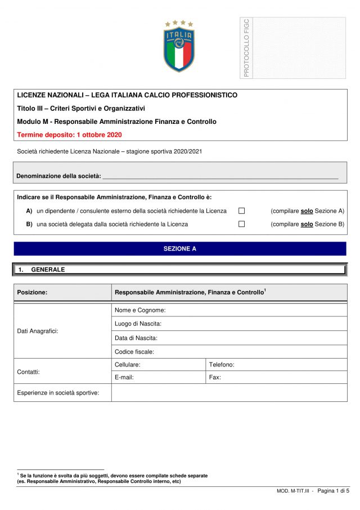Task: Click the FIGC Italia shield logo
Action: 179,46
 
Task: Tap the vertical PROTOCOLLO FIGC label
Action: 246,47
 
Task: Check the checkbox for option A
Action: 242,211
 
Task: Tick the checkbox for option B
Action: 242,224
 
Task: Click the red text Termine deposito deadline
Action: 69,135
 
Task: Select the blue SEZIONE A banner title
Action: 180,248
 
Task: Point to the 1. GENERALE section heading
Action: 48,270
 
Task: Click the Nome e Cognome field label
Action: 139,310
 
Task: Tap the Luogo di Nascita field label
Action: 138,324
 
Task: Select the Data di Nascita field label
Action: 136,338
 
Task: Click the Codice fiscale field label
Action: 134,352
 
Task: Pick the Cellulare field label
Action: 128,365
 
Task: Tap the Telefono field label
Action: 222,365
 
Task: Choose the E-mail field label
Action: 124,377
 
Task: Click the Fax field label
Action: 215,377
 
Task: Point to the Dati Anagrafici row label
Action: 38,331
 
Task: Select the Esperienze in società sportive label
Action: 58,392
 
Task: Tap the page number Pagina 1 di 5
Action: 333,491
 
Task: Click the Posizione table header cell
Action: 32,292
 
